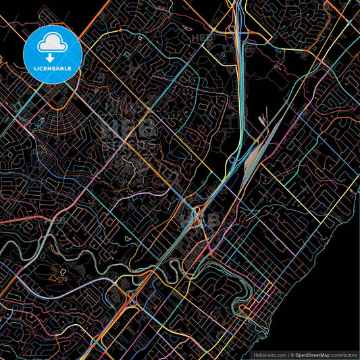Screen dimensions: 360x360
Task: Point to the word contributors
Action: pos(344,353)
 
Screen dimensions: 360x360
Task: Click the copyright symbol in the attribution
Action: pos(292,353)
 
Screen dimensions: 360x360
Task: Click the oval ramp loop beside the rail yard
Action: pos(232,160)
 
